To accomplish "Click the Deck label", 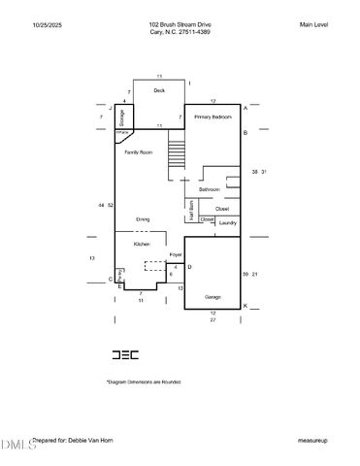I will tap(159, 90).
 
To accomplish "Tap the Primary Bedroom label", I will tap(212, 116).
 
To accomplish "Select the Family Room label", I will tap(139, 152).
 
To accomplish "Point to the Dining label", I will tap(143, 219).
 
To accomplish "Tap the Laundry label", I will tap(227, 223).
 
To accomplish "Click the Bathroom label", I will tap(211, 188).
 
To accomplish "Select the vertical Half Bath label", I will tap(192, 211).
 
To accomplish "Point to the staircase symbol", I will tap(176, 153).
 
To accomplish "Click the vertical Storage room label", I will tap(122, 117).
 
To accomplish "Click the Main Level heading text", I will tap(313, 24).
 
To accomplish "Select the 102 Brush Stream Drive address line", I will tap(180, 24).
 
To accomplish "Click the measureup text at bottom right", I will tap(312, 440).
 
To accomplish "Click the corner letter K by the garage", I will tap(245, 306).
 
